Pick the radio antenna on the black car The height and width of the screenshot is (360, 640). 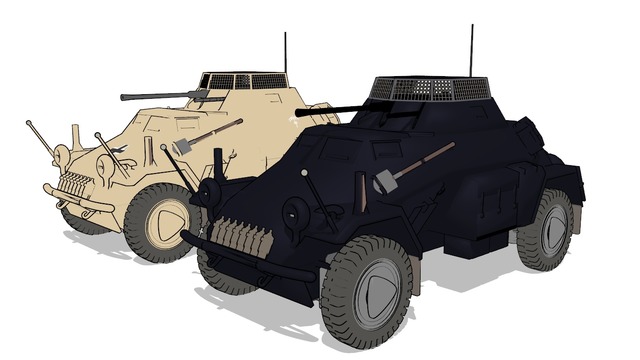pyautogui.click(x=471, y=50)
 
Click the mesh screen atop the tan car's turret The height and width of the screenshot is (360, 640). pyautogui.click(x=245, y=80)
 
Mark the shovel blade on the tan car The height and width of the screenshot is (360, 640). pyautogui.click(x=183, y=147)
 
